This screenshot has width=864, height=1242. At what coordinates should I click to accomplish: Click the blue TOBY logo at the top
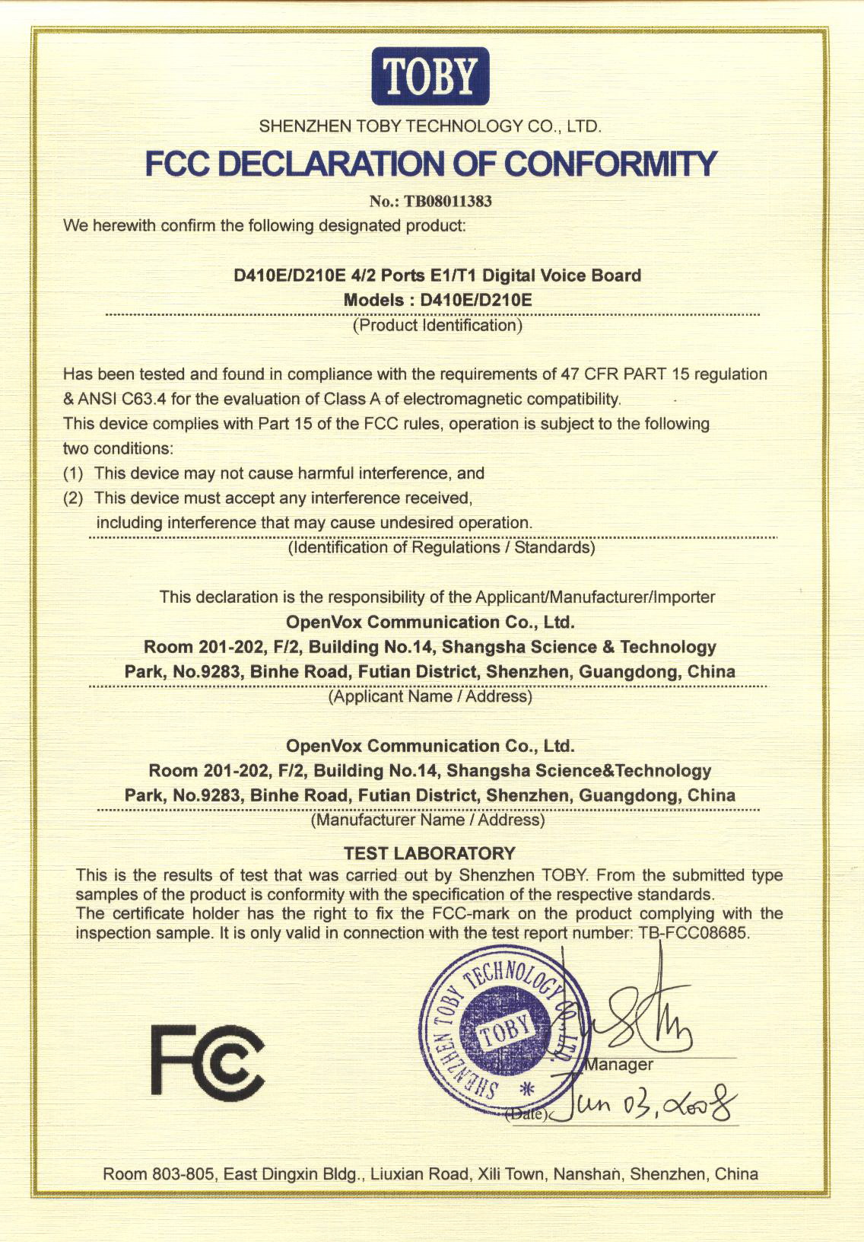(x=430, y=75)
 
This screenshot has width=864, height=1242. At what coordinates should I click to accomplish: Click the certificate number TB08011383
(x=449, y=201)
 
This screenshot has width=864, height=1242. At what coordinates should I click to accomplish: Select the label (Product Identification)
(x=437, y=326)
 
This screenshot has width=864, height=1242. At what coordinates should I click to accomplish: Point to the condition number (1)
(x=73, y=473)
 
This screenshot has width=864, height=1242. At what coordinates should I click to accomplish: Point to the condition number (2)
(x=73, y=498)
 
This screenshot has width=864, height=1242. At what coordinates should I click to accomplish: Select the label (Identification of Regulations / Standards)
(x=441, y=547)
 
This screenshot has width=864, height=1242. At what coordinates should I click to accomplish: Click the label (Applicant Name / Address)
(x=430, y=696)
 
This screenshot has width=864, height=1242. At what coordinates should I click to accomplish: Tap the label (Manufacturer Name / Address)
(x=428, y=820)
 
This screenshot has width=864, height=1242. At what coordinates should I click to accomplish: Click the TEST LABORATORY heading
(x=430, y=853)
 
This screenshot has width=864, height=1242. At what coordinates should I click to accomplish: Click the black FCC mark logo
(x=207, y=1058)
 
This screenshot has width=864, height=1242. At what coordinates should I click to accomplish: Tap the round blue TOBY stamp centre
(x=503, y=1031)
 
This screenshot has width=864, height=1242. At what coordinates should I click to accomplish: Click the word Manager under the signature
(x=618, y=1065)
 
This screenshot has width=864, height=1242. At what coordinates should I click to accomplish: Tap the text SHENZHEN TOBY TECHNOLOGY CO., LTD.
(x=430, y=126)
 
